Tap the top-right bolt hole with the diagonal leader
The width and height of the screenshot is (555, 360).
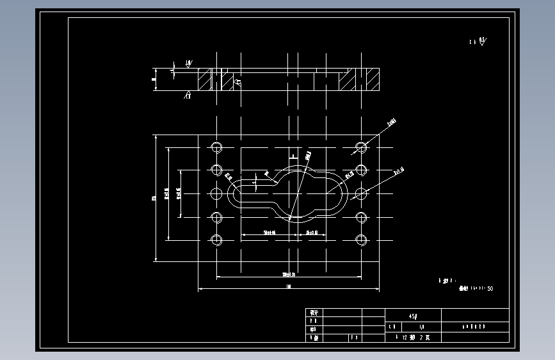[361, 147]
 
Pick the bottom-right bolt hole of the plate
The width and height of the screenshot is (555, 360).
[361, 241]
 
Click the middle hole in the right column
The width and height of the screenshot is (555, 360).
[361, 193]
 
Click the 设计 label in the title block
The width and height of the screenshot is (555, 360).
[314, 312]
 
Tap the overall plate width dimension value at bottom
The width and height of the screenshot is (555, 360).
[289, 286]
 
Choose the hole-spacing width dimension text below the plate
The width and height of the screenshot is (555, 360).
[289, 274]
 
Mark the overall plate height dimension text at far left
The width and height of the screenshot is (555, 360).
[153, 198]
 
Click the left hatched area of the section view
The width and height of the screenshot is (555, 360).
[204, 80]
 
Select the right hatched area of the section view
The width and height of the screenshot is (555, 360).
[350, 80]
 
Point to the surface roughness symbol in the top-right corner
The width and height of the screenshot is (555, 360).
[478, 42]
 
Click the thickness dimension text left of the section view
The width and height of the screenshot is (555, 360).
[153, 80]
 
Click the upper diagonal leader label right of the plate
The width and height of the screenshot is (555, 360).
[392, 120]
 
